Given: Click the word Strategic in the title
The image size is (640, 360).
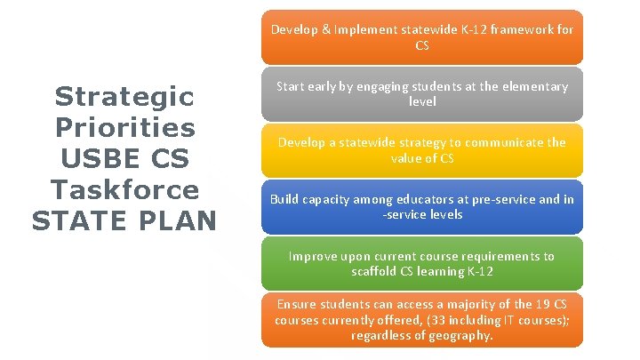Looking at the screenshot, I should pyautogui.click(x=124, y=95).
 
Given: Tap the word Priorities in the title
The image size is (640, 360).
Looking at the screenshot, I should pyautogui.click(x=124, y=126).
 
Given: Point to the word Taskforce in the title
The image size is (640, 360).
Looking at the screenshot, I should pyautogui.click(x=124, y=189).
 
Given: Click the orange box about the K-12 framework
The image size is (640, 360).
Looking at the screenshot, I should pyautogui.click(x=422, y=36).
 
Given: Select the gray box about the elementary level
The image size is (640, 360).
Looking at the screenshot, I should pyautogui.click(x=422, y=93).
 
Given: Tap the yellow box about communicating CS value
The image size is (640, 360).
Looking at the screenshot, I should pyautogui.click(x=422, y=150).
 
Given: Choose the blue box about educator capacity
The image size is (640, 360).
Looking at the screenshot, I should pyautogui.click(x=422, y=206).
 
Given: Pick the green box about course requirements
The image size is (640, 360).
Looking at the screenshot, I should pyautogui.click(x=422, y=263).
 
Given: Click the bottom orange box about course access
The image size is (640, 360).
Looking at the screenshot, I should pyautogui.click(x=422, y=320).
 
